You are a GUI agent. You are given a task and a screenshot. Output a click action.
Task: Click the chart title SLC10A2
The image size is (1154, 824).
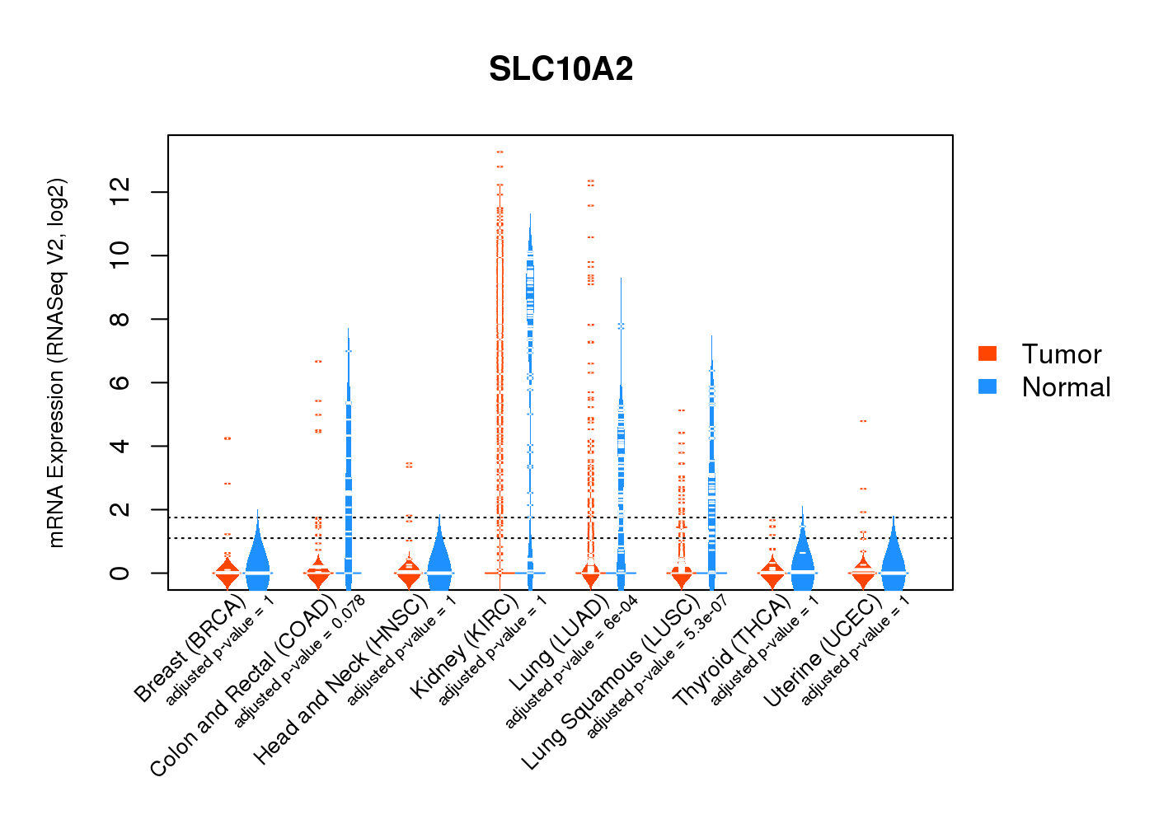click(561, 69)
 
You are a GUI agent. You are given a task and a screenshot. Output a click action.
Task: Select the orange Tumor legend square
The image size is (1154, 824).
click(987, 353)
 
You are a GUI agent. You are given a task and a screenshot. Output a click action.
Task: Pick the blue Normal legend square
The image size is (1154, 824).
click(987, 386)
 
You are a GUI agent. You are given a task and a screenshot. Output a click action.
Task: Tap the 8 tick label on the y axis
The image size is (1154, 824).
click(120, 319)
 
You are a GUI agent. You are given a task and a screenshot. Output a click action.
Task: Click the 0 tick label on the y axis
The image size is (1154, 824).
click(120, 573)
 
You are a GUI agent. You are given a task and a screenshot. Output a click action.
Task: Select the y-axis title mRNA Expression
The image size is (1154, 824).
click(56, 363)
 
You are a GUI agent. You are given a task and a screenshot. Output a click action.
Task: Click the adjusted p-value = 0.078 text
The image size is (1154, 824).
click(300, 660)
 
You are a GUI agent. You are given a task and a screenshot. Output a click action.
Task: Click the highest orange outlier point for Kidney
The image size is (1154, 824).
click(500, 152)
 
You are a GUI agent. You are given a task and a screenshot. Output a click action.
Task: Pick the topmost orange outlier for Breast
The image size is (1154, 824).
click(228, 438)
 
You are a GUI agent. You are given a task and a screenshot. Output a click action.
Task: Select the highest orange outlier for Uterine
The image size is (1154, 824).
click(863, 421)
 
